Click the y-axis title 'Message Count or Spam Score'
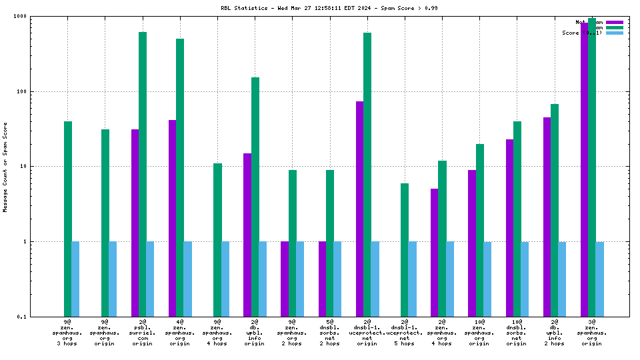(5, 167)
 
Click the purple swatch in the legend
(615, 22)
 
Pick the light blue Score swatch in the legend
(615, 33)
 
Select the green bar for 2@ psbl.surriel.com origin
(143, 174)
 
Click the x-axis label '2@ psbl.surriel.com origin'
(143, 333)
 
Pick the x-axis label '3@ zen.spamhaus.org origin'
(591, 333)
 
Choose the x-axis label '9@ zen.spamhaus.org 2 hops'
(292, 333)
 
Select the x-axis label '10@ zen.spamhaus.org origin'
(479, 333)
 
